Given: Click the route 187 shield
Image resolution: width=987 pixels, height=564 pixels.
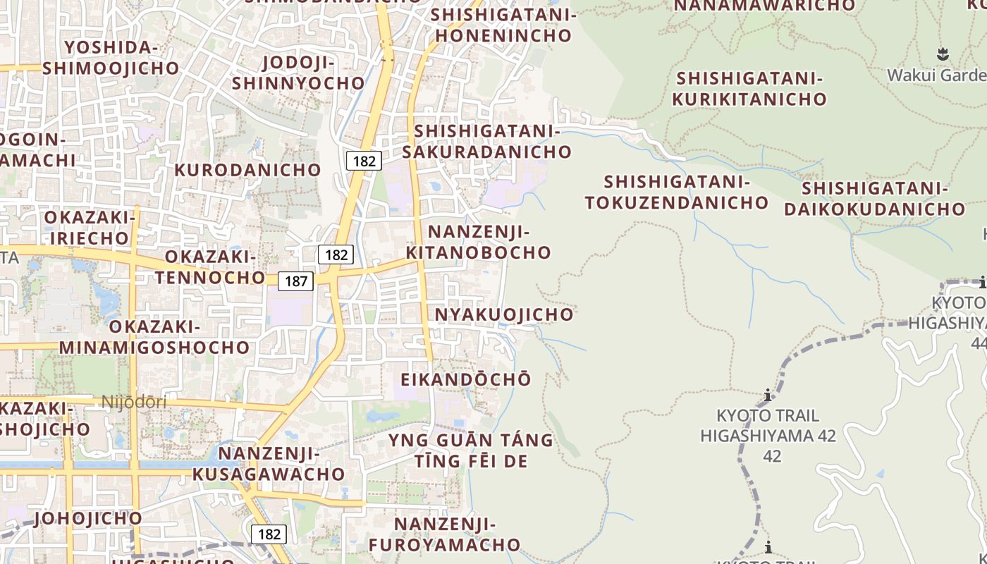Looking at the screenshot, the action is [296, 281].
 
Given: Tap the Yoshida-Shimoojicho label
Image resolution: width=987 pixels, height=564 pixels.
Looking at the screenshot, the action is [111, 58].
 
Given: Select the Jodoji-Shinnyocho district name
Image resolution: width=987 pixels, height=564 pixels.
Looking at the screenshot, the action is [298, 73].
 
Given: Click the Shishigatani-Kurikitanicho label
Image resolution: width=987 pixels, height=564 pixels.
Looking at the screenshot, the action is [749, 88].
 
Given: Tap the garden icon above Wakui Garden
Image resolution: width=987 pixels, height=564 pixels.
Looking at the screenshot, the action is [943, 54].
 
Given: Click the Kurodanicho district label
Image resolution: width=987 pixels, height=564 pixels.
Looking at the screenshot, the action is [247, 170].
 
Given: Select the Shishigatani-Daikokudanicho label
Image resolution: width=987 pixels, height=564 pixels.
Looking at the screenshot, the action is [874, 198].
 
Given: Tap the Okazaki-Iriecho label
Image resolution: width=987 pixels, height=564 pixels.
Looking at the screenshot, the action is [89, 227].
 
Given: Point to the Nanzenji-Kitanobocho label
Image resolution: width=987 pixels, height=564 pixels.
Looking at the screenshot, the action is [479, 242].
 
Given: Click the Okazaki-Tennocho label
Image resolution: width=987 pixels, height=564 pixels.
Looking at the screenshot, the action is [209, 266].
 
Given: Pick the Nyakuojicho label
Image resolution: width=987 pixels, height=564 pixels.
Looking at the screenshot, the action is [504, 314].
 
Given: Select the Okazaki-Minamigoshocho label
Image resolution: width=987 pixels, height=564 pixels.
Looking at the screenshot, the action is [154, 337].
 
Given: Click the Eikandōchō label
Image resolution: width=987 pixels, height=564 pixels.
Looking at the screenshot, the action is [465, 379].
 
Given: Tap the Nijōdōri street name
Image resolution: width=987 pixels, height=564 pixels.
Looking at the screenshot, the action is [134, 403].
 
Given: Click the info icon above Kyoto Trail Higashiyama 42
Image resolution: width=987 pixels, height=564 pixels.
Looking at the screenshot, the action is [768, 395].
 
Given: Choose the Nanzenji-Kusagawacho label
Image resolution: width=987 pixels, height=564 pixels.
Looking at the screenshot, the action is [268, 463].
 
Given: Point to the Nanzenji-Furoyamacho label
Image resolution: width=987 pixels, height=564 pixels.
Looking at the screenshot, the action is [444, 534].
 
